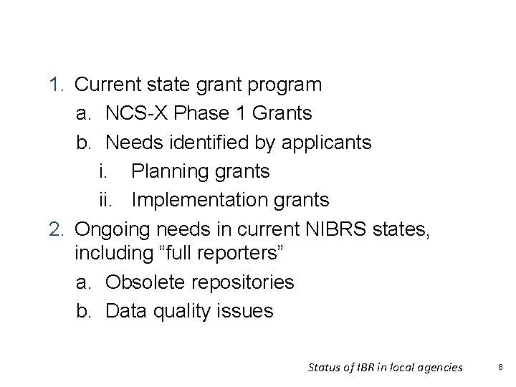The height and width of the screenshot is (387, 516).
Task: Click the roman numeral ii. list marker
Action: [x=107, y=201]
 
